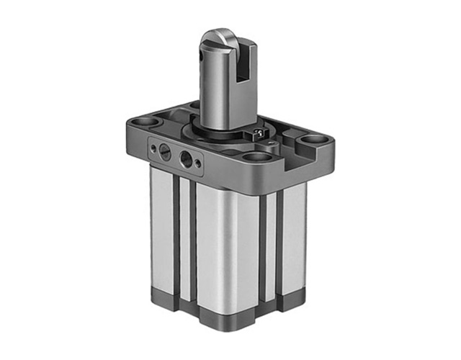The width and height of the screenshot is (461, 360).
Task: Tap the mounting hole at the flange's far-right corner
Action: click(310, 138)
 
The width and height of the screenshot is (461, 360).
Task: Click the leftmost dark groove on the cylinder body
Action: click(175, 238)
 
